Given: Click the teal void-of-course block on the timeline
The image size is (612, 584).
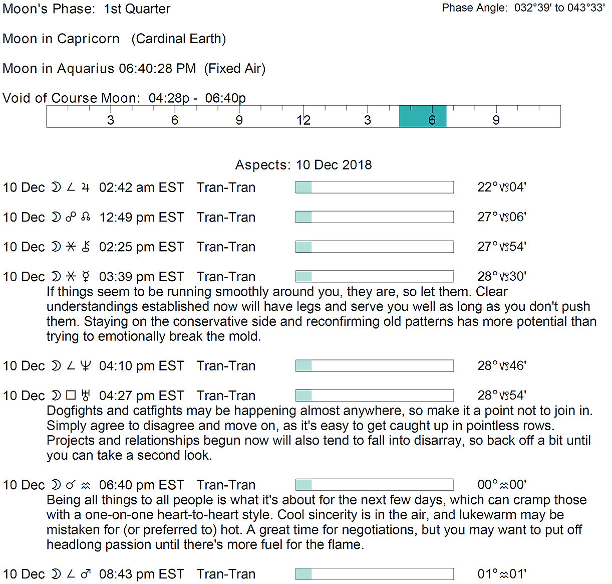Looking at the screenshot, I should (422, 116).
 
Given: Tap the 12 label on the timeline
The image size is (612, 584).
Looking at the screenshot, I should (303, 120).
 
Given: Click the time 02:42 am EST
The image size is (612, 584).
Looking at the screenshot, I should (142, 187).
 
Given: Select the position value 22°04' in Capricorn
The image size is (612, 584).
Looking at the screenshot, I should (501, 187).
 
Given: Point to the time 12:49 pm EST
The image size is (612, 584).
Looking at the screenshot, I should (142, 217).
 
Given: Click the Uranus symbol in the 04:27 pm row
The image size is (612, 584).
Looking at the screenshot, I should (86, 396).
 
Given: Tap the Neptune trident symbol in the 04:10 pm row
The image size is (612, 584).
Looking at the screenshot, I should (86, 366).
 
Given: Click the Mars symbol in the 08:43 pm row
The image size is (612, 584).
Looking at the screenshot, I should (86, 574).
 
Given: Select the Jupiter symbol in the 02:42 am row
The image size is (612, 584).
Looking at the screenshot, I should (86, 187).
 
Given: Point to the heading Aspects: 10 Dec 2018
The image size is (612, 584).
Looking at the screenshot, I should (303, 165).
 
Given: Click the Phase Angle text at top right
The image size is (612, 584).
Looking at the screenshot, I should (523, 8).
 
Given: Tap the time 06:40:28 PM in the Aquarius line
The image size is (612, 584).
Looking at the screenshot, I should (157, 68).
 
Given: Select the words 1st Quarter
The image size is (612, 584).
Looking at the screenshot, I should (137, 9).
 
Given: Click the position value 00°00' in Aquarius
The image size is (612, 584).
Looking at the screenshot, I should (501, 485).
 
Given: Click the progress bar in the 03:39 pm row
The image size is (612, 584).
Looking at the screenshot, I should (375, 277).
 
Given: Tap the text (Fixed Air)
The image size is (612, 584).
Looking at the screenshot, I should (234, 68).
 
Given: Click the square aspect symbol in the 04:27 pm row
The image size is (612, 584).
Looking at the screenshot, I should (71, 396).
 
